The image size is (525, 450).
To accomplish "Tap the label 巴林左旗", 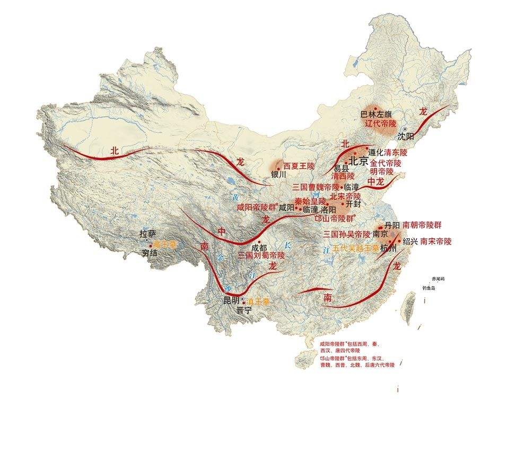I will (x=376, y=114).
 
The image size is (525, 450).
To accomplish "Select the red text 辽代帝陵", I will (x=381, y=123).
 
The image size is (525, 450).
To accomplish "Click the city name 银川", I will (x=278, y=174).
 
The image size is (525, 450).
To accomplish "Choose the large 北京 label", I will (x=358, y=162).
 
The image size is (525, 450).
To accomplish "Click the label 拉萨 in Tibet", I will (x=148, y=234).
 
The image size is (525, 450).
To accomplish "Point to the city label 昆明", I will (x=232, y=300).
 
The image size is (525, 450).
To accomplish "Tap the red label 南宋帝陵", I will (x=436, y=241).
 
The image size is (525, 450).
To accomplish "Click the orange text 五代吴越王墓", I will (x=356, y=248).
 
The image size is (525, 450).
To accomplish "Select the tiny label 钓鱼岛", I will (x=428, y=288).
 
